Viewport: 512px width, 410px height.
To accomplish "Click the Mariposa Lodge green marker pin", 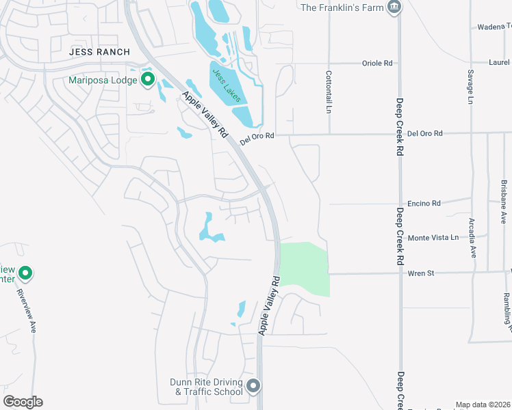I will (x=148, y=81).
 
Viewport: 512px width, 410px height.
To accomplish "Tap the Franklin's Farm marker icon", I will (x=394, y=8).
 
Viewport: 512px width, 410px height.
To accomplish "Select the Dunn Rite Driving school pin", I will (x=253, y=387).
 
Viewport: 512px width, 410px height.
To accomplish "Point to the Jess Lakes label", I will (x=226, y=85).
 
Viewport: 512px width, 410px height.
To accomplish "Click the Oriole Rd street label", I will (x=379, y=63).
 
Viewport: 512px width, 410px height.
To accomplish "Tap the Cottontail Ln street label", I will (x=329, y=92).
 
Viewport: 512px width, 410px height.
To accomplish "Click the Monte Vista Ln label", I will (x=433, y=238).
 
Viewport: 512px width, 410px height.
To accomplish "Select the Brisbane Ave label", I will (x=504, y=202).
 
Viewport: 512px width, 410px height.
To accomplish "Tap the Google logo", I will (x=23, y=402).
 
